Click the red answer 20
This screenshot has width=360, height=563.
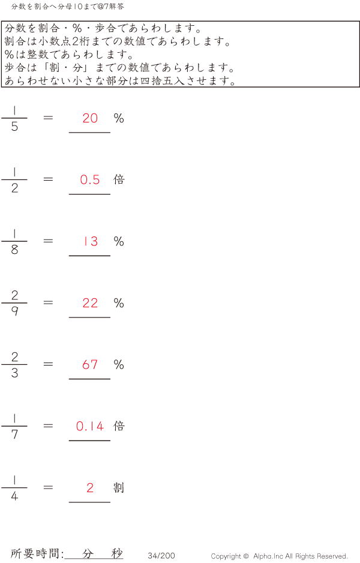[x=90, y=118]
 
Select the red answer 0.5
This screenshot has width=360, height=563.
[x=90, y=180]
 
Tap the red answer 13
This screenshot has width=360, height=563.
[x=91, y=241]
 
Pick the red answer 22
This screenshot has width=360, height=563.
[x=90, y=303]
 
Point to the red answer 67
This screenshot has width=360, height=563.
[x=90, y=365]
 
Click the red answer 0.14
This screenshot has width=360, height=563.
[x=90, y=426]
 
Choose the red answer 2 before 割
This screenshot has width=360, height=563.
[x=90, y=487]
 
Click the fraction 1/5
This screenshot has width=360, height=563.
[x=14, y=118]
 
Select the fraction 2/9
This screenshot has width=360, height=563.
[x=14, y=303]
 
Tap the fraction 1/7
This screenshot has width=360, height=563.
[x=14, y=426]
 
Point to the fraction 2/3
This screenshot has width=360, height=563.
[x=14, y=364]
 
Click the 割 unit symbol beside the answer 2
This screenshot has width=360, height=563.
[x=119, y=487]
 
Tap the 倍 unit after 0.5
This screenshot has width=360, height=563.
[x=119, y=179]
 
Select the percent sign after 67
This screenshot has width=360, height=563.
[x=119, y=365]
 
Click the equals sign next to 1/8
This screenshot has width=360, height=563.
[x=48, y=241]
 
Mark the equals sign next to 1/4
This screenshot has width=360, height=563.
[x=48, y=487]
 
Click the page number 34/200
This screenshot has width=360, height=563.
[x=161, y=555]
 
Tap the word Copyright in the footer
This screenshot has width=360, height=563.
[x=226, y=556]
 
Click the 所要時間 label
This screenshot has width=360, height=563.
[x=35, y=553]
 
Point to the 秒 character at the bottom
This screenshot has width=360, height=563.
[x=116, y=553]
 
